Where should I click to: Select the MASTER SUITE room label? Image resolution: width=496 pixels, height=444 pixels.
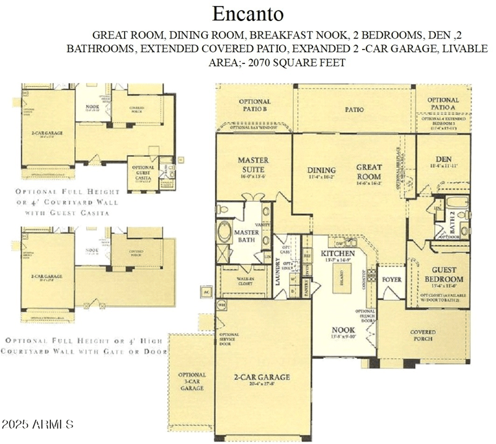[x=253, y=164]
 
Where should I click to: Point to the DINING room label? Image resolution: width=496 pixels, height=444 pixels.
[x=321, y=170]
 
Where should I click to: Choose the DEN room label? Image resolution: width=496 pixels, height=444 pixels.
[x=443, y=158]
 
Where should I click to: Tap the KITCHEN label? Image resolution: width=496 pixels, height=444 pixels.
[x=337, y=254]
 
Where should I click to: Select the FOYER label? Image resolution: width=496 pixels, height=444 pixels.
[x=391, y=280]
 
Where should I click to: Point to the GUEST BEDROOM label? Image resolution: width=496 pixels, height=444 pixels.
[x=443, y=275]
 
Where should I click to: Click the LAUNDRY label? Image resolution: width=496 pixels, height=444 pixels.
[x=278, y=273]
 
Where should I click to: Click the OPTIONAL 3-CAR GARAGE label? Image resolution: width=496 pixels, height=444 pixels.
[x=192, y=381]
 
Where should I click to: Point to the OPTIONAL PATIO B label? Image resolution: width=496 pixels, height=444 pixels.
[x=254, y=105]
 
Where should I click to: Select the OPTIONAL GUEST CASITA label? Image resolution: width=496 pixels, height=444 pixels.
[x=143, y=174]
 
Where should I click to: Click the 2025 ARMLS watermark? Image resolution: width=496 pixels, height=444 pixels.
[x=37, y=425]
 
